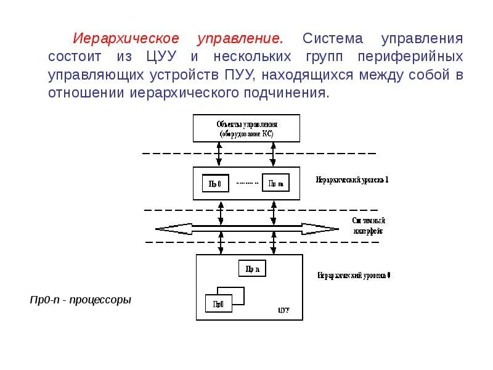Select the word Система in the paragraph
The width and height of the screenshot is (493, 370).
point(333,39)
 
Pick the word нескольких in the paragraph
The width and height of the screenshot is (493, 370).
point(253,57)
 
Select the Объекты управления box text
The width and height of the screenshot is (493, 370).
point(246,128)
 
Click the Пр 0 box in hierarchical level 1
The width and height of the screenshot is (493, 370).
point(216,183)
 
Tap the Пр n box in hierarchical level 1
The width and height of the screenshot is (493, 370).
point(275,183)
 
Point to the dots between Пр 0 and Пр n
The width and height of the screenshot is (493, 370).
point(245,183)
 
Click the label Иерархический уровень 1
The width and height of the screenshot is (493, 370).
point(352,180)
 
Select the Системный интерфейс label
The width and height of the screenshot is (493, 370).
point(369,226)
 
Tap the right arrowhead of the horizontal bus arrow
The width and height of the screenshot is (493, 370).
point(329,229)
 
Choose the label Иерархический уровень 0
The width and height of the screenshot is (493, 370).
point(354,275)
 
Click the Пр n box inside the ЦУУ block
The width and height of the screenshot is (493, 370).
point(252,268)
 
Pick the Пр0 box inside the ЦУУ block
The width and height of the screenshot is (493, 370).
point(219,303)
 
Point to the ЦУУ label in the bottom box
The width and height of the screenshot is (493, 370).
point(283,310)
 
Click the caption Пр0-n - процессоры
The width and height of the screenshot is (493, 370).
point(81,300)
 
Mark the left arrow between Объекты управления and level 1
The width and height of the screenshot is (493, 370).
point(220,154)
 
